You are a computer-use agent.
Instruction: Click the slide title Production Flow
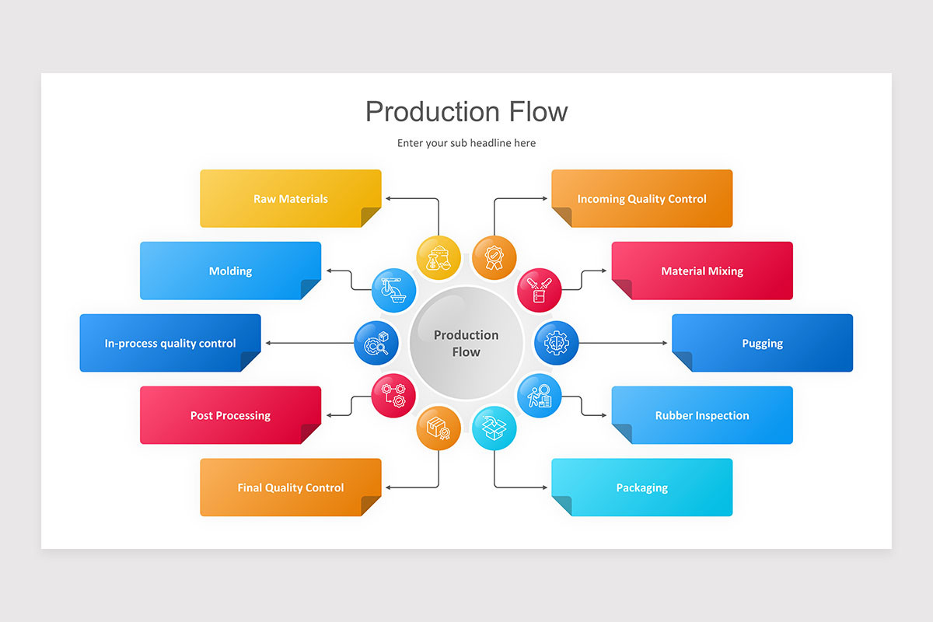tap(466, 111)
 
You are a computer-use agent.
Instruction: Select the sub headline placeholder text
tap(466, 143)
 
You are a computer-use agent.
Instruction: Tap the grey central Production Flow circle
tap(466, 343)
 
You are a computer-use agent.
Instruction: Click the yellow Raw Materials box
tap(291, 198)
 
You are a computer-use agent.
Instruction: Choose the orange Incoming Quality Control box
tap(642, 198)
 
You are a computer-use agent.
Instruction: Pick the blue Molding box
tap(230, 271)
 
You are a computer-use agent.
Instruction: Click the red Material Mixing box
tap(702, 271)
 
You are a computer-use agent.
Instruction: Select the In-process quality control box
tap(170, 343)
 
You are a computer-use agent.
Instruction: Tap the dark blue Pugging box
tap(762, 343)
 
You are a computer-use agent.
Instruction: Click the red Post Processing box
tap(230, 415)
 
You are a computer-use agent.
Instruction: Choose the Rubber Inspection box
tap(702, 415)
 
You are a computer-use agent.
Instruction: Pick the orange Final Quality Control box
tap(291, 487)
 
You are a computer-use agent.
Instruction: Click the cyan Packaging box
tap(642, 487)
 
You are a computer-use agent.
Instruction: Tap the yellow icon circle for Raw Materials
tap(439, 257)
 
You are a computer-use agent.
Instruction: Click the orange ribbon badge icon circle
tap(494, 257)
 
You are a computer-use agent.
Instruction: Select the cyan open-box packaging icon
tap(494, 428)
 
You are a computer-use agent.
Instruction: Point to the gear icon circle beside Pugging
tap(557, 343)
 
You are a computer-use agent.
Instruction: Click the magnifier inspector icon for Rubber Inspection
tap(539, 396)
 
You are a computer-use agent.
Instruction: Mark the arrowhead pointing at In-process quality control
tap(268, 343)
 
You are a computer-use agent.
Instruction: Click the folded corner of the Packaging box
tap(561, 506)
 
